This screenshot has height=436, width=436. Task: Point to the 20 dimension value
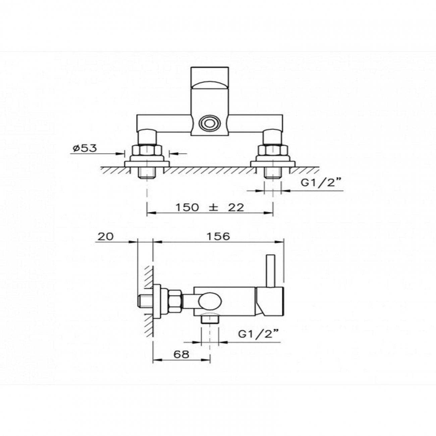(105, 236)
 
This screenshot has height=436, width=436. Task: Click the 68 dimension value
(181, 354)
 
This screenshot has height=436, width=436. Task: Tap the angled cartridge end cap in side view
(269, 301)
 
